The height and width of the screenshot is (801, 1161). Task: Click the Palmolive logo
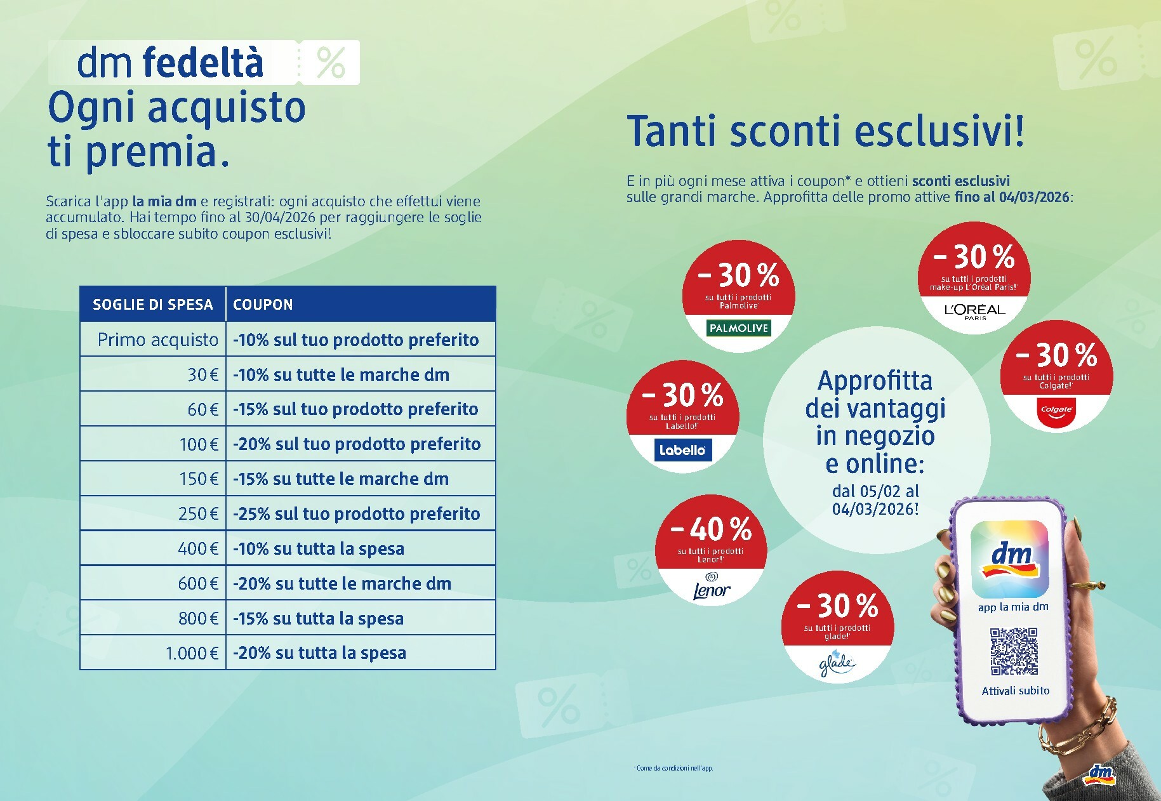pyautogui.click(x=738, y=328)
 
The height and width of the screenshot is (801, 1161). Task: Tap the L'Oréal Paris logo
pyautogui.click(x=974, y=310)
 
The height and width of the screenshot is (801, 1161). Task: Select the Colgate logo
pyautogui.click(x=1056, y=410)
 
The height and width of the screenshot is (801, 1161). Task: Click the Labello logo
pyautogui.click(x=682, y=450)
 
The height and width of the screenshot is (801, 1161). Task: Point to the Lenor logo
pyautogui.click(x=711, y=588)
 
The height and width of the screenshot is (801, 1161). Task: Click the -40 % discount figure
pyautogui.click(x=711, y=529)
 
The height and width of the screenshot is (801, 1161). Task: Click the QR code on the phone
pyautogui.click(x=1014, y=652)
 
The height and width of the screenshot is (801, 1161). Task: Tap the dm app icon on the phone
pyautogui.click(x=1009, y=559)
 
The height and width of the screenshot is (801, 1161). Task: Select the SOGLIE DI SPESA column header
pyautogui.click(x=152, y=305)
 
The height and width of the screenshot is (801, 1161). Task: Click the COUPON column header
pyautogui.click(x=263, y=305)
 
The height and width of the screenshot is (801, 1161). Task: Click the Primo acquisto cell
pyautogui.click(x=157, y=340)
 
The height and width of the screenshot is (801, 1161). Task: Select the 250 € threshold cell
pyautogui.click(x=198, y=513)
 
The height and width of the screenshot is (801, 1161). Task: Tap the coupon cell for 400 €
pyautogui.click(x=319, y=548)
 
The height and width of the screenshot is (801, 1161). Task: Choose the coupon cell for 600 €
pyautogui.click(x=342, y=583)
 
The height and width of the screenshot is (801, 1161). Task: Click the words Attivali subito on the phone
pyautogui.click(x=1015, y=691)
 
